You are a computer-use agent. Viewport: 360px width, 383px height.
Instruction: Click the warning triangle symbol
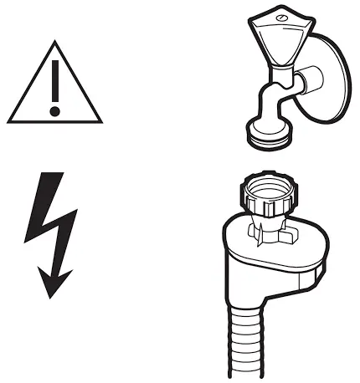point(55,87)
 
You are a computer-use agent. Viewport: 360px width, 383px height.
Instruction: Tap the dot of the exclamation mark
point(55,110)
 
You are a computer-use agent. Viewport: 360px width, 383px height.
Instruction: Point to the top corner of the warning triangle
point(55,43)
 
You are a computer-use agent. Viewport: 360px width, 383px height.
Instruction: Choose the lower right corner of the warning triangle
point(100,120)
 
